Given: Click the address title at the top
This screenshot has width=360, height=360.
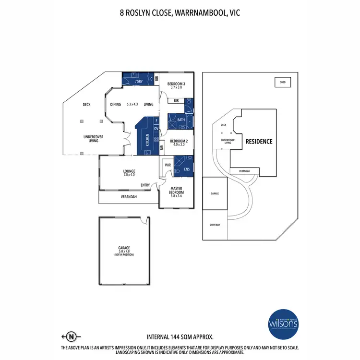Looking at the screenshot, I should tap(180, 13).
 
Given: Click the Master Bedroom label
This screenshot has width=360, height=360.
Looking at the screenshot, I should tap(177, 191).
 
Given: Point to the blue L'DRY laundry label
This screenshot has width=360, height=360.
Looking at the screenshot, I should tap(139, 82).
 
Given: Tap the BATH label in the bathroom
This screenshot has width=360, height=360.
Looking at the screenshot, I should tap(181, 120).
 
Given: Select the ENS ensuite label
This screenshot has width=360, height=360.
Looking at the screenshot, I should tap(185, 169).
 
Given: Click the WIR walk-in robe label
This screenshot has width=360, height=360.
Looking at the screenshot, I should tap(168, 165).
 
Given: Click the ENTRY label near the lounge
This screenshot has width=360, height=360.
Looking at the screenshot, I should tap(145, 185).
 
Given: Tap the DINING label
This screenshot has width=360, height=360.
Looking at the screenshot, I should tap(116, 104).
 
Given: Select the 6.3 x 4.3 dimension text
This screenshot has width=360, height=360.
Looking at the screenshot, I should tap(132, 104).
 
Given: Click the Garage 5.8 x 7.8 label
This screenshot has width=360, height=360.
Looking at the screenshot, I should tap(124, 250).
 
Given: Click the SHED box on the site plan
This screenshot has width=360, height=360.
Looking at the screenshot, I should tap(282, 83).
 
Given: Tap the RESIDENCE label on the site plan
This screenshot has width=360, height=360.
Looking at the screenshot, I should tap(259, 142).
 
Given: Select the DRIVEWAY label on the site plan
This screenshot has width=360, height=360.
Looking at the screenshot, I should tap(215, 225).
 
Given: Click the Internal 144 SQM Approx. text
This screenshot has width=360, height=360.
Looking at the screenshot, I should tap(180, 336).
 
